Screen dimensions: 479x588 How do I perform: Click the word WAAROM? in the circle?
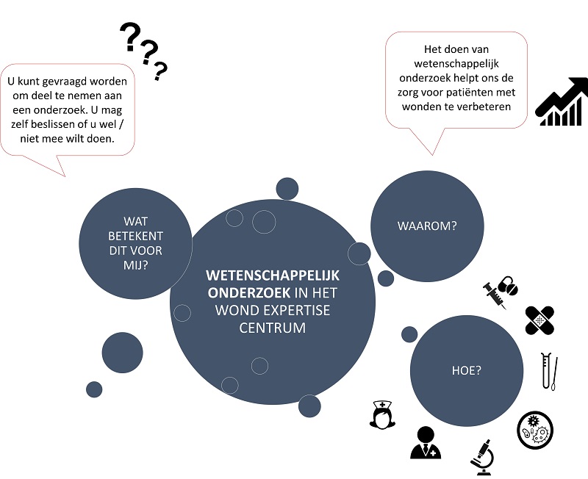pyautogui.click(x=426, y=226)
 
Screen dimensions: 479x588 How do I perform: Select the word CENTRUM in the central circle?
pyautogui.click(x=272, y=328)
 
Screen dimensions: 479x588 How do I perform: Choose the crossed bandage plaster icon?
pyautogui.click(x=539, y=319)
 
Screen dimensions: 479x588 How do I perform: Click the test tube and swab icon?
pyautogui.click(x=548, y=372)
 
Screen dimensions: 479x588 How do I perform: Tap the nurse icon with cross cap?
pyautogui.click(x=381, y=415)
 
